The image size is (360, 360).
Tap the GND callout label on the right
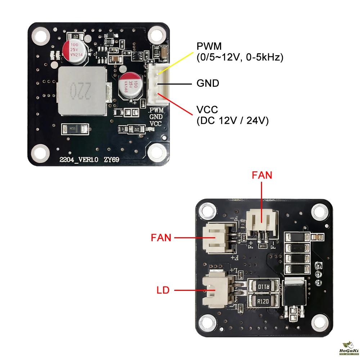point(208,84)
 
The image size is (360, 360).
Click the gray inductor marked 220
point(82,91)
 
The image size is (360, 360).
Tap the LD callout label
point(163,290)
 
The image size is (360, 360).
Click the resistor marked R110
point(262,287)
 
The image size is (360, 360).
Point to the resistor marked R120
point(262,300)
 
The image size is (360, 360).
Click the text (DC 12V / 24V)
point(233,121)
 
